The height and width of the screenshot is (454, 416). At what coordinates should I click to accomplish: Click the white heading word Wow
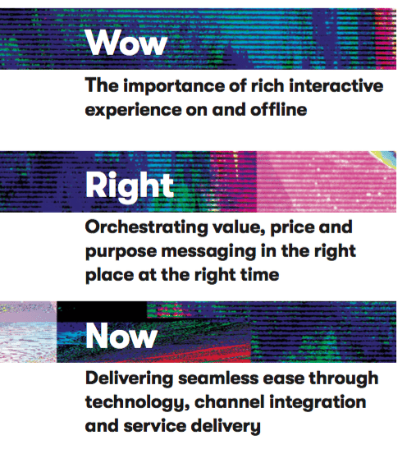(126, 43)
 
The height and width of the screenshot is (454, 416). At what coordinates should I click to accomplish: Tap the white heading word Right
(129, 186)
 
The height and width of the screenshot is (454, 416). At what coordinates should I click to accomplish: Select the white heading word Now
(121, 336)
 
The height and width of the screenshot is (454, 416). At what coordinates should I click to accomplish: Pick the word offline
(278, 109)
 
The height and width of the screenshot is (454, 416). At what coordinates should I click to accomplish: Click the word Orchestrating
(146, 228)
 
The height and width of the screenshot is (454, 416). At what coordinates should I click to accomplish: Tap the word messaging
(208, 252)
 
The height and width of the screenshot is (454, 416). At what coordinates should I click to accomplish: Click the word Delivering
(129, 379)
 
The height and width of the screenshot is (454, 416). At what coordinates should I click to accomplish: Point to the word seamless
(221, 379)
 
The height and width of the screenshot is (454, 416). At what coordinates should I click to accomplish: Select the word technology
(137, 403)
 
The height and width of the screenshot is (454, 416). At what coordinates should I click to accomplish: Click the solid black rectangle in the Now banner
(102, 311)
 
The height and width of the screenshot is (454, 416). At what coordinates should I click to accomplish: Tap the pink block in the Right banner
(326, 181)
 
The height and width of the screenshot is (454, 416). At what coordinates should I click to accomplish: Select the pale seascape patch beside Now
(29, 332)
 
